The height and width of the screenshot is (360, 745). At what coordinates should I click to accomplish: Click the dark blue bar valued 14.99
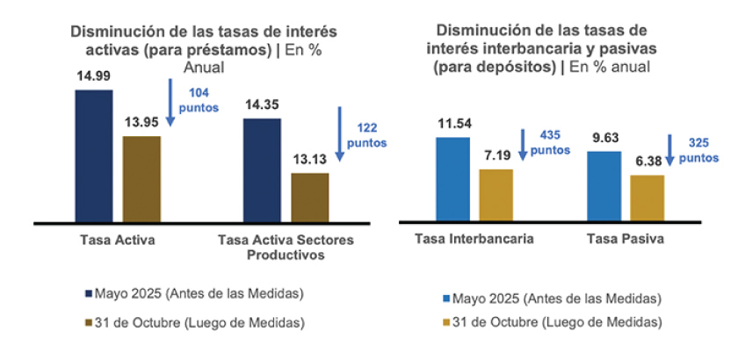(x=93, y=155)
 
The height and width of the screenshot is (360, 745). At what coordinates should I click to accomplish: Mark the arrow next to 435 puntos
(x=522, y=145)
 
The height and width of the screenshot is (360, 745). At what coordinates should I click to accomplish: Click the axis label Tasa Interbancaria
(x=474, y=239)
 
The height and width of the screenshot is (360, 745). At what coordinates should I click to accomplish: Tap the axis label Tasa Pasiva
(x=626, y=239)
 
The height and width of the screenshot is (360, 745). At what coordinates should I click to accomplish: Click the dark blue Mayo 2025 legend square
(x=88, y=292)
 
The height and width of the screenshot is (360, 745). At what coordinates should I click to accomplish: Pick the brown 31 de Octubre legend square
(x=88, y=322)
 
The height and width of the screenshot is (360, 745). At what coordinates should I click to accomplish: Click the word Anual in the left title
(x=204, y=67)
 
